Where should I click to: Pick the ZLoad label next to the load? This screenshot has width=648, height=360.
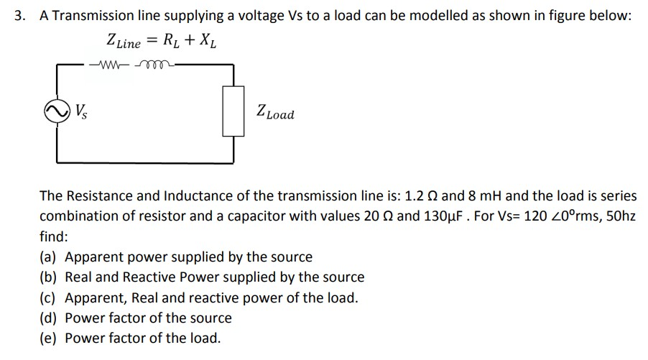pyautogui.click(x=274, y=114)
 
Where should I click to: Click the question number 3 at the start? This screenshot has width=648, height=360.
pyautogui.click(x=20, y=15)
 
